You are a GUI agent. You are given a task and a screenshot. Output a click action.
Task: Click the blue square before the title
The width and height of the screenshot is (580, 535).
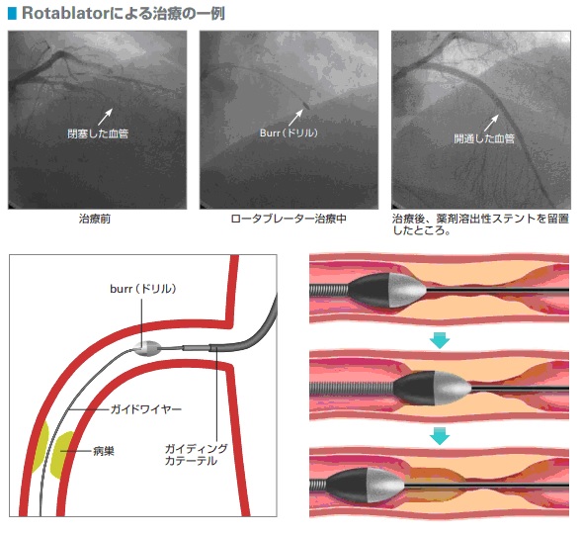click(12, 13)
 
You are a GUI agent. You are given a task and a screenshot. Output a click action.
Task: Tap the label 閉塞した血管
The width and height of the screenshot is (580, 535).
click(98, 134)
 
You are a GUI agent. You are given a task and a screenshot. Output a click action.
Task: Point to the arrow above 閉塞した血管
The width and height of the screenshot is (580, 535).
click(105, 117)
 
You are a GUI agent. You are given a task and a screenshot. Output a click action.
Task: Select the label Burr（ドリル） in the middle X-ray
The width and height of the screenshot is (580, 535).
click(289, 133)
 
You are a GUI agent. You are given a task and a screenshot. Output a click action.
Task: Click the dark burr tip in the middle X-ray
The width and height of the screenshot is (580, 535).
click(306, 105)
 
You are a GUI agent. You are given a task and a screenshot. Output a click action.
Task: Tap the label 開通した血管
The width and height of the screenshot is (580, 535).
click(484, 138)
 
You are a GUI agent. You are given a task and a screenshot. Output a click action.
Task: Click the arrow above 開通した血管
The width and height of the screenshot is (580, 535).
click(492, 123)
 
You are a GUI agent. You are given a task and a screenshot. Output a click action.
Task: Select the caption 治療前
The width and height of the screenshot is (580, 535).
click(95, 219)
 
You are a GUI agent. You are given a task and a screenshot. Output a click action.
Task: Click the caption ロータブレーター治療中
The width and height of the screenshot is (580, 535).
click(289, 219)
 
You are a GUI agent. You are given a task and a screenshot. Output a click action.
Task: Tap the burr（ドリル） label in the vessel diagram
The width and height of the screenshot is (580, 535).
click(143, 289)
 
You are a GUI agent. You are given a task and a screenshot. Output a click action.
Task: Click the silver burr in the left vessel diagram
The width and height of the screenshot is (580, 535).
click(147, 348)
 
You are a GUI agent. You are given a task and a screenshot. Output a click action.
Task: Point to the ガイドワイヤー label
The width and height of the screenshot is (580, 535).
click(146, 409)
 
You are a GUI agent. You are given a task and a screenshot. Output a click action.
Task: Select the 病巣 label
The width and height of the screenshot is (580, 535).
click(104, 451)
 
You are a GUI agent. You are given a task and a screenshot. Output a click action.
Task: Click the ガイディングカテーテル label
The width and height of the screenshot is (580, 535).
click(196, 455)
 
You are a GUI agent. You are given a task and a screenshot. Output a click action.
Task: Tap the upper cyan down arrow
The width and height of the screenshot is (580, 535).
click(440, 340)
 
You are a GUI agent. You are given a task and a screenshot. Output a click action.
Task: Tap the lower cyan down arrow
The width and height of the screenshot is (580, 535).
click(440, 436)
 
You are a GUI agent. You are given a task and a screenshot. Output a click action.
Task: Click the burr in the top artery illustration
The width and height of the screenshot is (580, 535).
click(387, 291)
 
